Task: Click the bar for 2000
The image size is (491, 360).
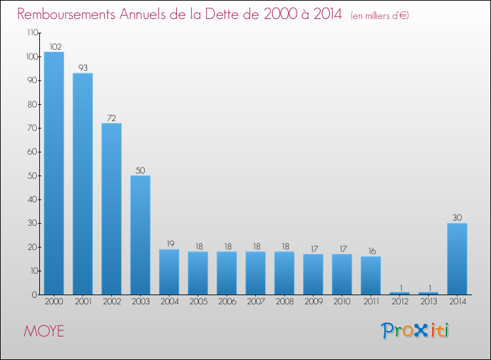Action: click(54, 173)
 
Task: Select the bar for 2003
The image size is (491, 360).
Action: click(140, 235)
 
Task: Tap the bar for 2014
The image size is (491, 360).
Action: click(457, 259)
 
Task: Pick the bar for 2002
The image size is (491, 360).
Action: click(111, 209)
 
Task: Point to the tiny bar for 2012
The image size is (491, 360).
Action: click(399, 293)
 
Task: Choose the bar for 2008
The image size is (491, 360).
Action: click(284, 273)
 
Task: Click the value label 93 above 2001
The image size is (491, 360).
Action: click(82, 67)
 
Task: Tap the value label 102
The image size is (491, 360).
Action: click(54, 46)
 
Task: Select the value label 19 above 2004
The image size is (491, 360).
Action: click(169, 243)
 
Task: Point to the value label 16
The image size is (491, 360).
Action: click(371, 251)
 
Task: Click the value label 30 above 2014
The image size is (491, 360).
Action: click(457, 217)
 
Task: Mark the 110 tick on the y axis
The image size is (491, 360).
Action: click(32, 33)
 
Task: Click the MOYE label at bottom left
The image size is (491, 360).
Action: click(45, 331)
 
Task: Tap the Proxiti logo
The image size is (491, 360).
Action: click(415, 331)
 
